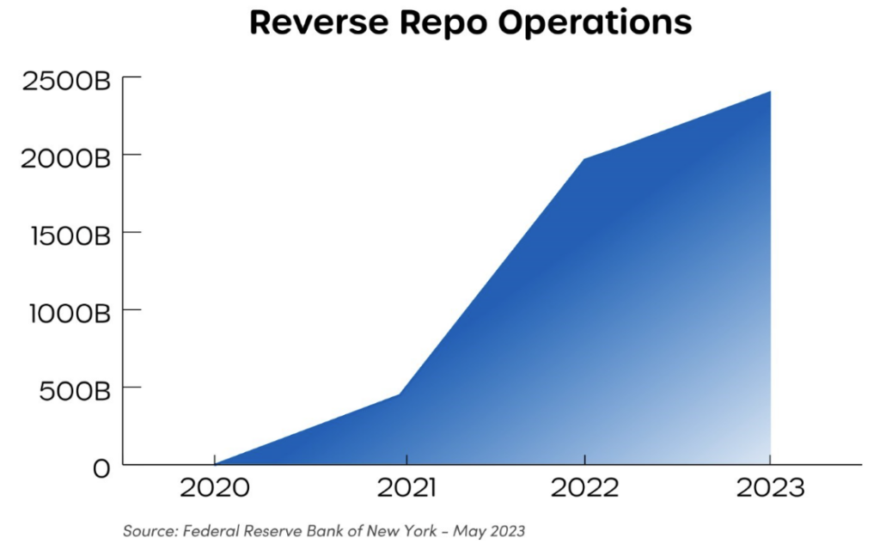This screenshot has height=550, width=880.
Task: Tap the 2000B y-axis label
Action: click(67, 160)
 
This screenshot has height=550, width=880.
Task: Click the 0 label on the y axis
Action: click(101, 468)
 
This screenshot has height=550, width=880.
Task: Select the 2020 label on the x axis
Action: click(214, 489)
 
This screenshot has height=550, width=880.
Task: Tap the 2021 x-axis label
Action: click(407, 489)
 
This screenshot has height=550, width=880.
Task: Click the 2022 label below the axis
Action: click(584, 489)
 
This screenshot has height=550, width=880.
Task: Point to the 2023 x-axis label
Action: click(770, 489)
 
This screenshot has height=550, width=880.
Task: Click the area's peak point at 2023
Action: click(770, 91)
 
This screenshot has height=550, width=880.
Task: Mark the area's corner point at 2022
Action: click(584, 159)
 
